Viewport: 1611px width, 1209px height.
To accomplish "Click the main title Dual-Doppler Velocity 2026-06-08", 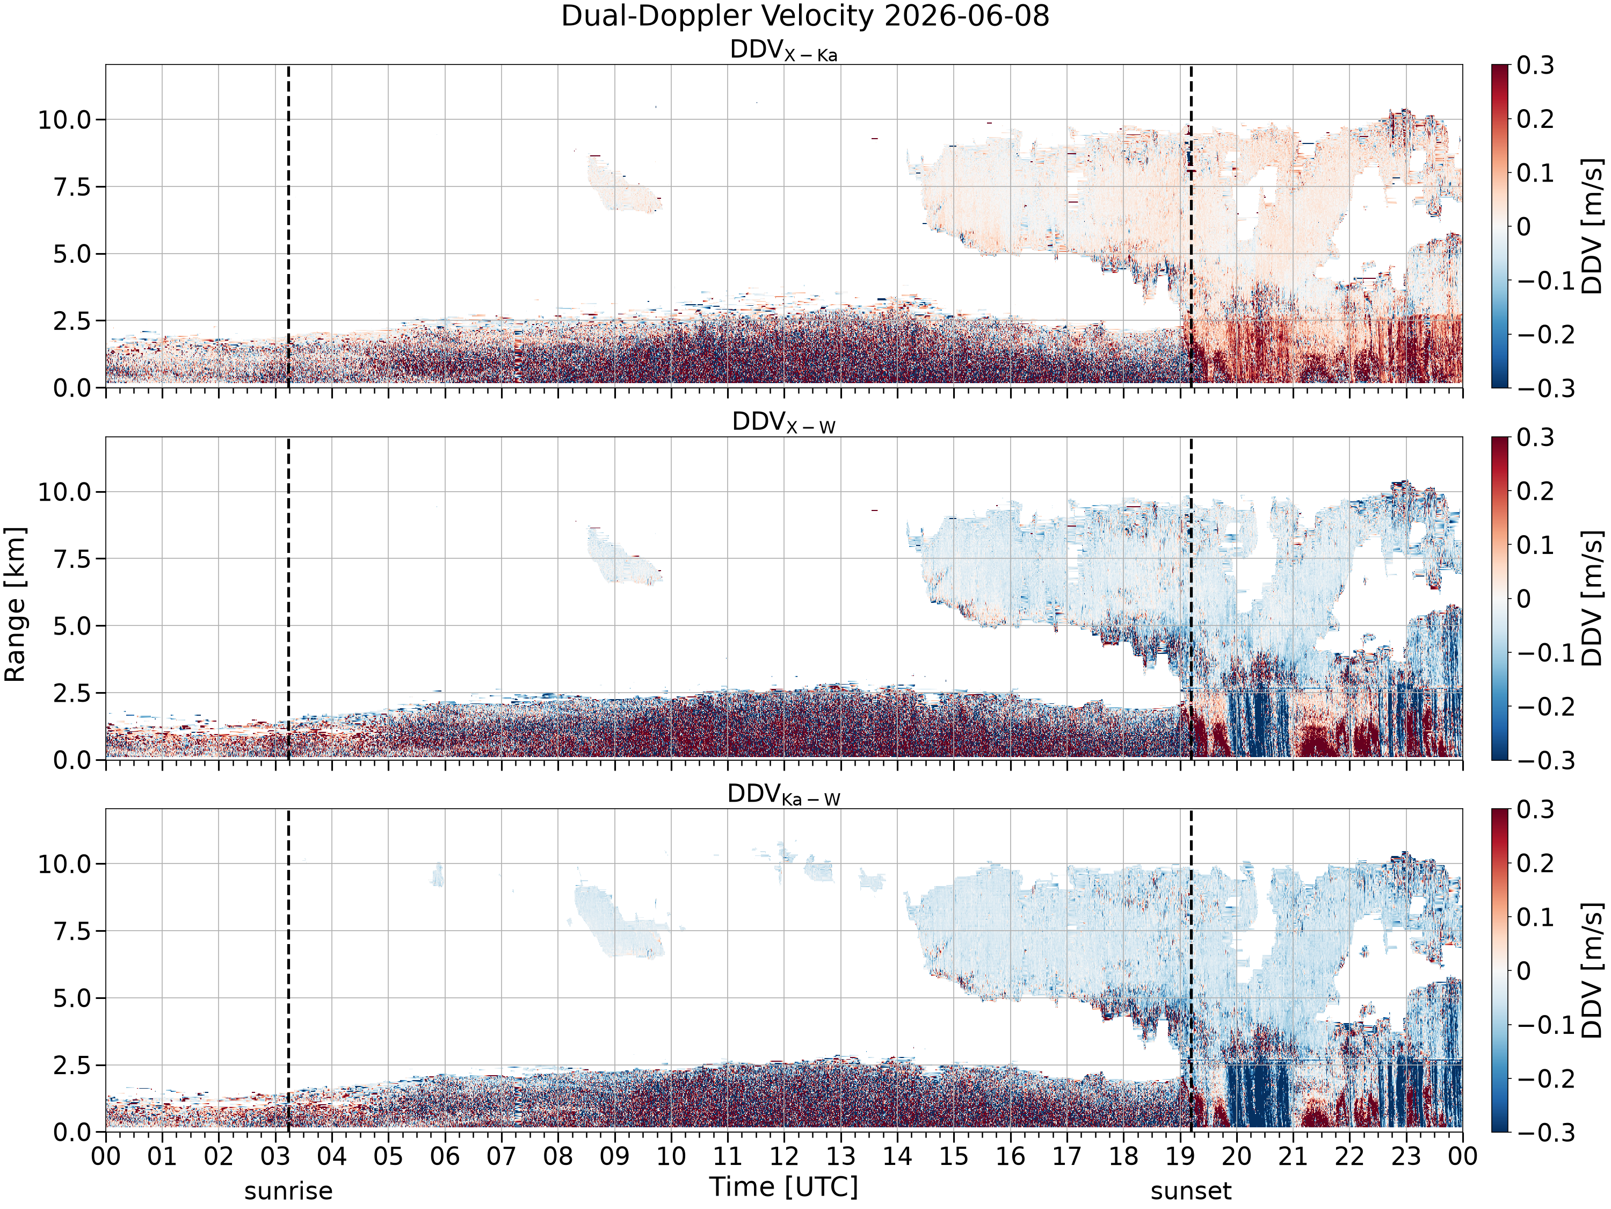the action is click(805, 16).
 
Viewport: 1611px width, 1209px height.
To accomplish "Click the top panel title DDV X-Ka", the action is click(783, 51).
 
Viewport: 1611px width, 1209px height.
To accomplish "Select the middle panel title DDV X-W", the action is click(783, 423).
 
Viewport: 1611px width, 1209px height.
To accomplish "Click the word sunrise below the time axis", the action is click(288, 1191).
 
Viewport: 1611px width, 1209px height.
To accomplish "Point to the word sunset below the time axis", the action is click(1191, 1191).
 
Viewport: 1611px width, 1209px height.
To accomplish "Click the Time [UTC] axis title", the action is click(783, 1187).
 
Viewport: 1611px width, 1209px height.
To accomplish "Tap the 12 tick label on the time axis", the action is click(783, 1156).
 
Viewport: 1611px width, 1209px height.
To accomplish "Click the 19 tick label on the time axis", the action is click(1180, 1156).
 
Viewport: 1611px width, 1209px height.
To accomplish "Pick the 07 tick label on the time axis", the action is click(501, 1156).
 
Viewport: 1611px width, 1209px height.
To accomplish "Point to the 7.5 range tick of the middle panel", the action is click(74, 559).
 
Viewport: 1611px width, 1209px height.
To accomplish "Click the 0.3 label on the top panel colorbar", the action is click(1535, 65).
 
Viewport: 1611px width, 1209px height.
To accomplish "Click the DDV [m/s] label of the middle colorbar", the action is click(1593, 598).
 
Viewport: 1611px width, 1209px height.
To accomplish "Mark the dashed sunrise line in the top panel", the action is click(288, 226).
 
